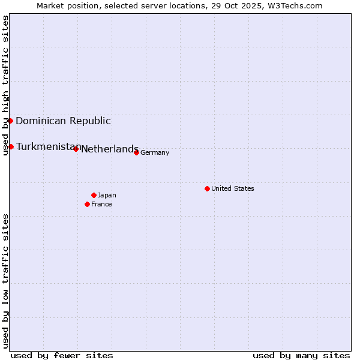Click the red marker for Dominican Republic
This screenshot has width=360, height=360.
point(10,121)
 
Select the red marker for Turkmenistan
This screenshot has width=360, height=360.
point(11,146)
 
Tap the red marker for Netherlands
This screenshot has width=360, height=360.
point(76,149)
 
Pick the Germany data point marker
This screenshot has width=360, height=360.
point(136,152)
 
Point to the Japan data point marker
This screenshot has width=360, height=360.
point(94,195)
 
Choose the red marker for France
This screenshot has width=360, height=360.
point(87,204)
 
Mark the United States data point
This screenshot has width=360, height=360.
point(207,188)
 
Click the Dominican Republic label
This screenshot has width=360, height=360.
point(63,121)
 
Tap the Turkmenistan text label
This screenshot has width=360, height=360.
point(48,147)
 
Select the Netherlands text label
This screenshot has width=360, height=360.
point(110,149)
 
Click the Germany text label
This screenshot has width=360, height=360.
point(155,152)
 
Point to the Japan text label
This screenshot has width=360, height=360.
point(107,195)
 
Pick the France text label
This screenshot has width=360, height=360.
point(101,204)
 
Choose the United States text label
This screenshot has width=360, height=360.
point(233,188)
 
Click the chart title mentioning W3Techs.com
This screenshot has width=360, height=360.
point(179,5)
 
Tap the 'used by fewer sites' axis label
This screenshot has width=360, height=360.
point(62,355)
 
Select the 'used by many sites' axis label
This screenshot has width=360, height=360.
point(301,355)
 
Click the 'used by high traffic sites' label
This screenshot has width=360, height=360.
point(5,85)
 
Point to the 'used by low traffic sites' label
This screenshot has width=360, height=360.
point(5,281)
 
